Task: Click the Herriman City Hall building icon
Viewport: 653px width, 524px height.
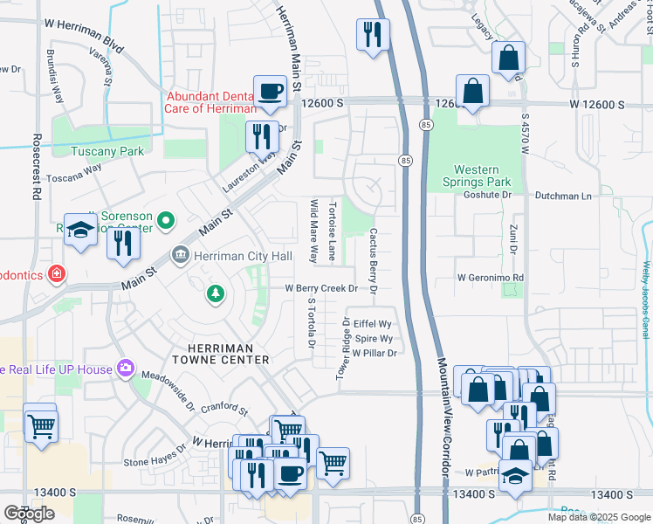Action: (180, 255)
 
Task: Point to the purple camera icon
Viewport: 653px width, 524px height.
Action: (126, 369)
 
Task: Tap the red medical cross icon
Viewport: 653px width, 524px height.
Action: (57, 274)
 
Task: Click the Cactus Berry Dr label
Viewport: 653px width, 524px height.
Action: (373, 260)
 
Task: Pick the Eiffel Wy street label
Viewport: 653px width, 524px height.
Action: (371, 323)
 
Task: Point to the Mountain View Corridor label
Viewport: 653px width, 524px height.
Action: (443, 419)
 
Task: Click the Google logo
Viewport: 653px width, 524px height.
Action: (30, 514)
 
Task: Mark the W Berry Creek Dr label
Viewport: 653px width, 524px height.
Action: (321, 287)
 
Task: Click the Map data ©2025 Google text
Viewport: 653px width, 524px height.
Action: (598, 517)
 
